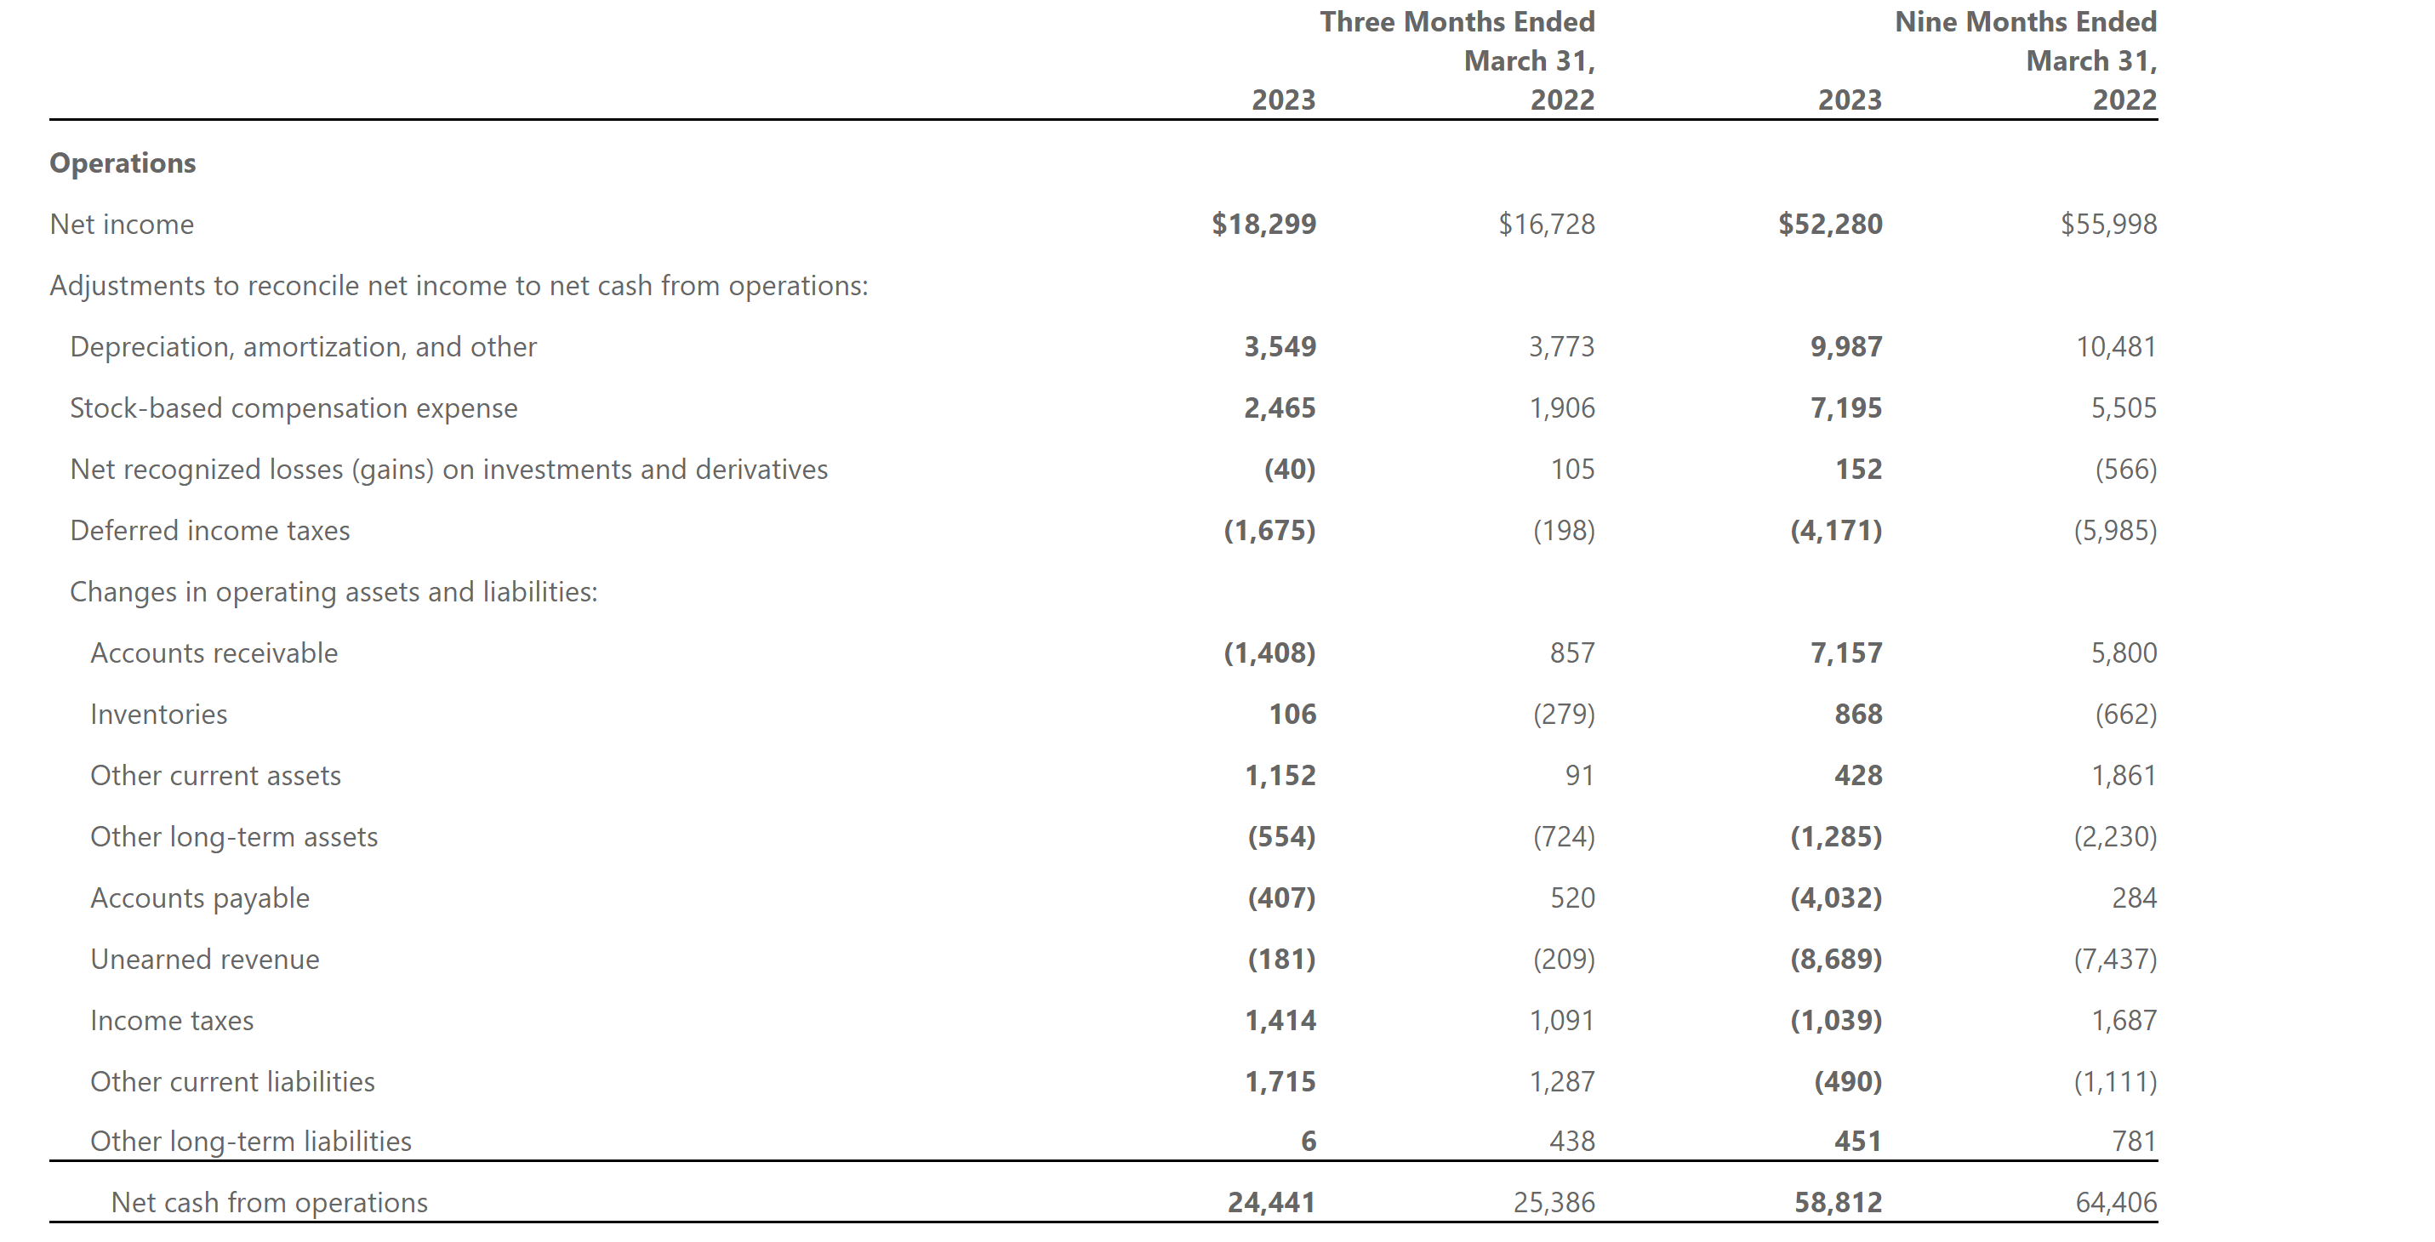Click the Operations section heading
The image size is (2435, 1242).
123,163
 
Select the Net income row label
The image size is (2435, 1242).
122,225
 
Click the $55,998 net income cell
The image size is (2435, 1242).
2109,225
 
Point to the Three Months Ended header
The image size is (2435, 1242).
1457,22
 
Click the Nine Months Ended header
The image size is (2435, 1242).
2026,22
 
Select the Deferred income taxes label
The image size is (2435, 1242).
210,531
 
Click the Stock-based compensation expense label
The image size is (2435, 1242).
294,408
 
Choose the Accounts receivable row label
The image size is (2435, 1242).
214,653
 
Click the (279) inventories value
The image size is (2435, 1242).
1564,715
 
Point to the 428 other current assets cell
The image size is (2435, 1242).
1857,776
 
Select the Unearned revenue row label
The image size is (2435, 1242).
205,960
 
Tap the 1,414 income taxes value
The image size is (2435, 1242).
1280,1021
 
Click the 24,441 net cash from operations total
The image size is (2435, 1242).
1271,1202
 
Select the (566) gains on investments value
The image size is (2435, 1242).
2126,470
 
